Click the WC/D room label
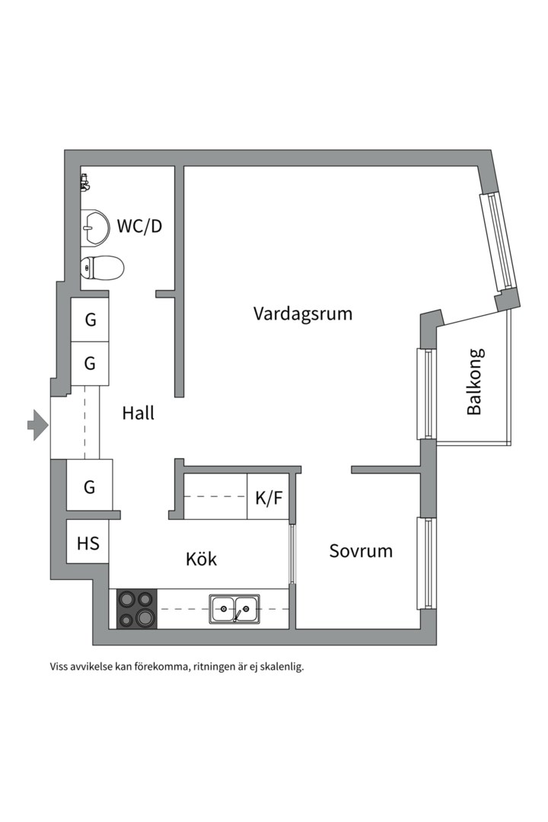[x=139, y=226]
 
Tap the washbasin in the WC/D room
[x=94, y=227]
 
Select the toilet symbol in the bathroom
[x=103, y=267]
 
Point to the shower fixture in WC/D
[x=84, y=183]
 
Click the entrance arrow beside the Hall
[x=37, y=425]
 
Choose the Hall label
[x=139, y=413]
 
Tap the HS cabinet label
[x=88, y=543]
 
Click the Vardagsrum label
[x=303, y=314]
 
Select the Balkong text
[x=474, y=381]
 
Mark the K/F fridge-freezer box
[x=269, y=499]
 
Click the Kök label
[x=201, y=559]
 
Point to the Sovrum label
[x=361, y=551]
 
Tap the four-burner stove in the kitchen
[x=137, y=608]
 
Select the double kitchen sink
[x=234, y=608]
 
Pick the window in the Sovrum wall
[x=427, y=563]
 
